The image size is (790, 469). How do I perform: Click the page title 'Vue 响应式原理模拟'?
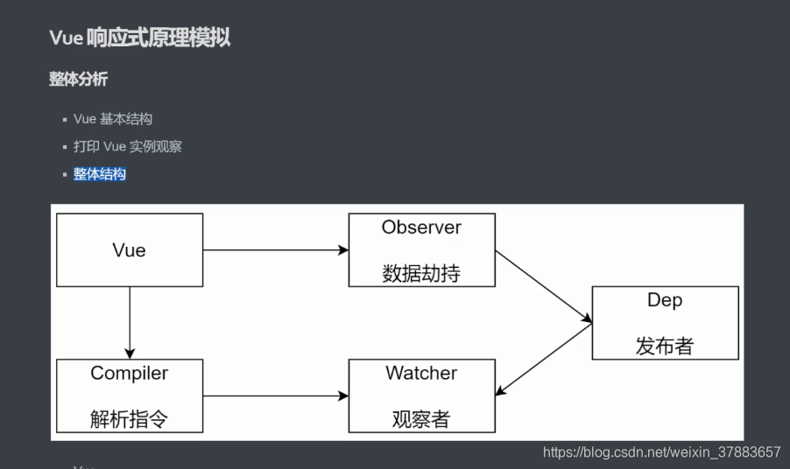[140, 38]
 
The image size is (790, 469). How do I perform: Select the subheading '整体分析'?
[79, 80]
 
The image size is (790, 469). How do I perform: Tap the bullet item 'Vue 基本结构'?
[113, 119]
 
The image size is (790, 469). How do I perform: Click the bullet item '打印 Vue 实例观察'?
[128, 146]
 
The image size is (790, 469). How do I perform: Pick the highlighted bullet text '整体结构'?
[100, 174]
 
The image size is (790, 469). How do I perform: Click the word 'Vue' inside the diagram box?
[130, 250]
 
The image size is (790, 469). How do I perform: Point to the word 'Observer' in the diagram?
[421, 227]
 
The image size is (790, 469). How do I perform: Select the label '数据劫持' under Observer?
[421, 274]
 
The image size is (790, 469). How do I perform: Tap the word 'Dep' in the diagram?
[665, 300]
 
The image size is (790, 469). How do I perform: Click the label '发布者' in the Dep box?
[665, 346]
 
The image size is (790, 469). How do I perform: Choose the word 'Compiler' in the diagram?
[130, 374]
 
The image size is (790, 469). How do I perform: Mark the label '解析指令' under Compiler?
[130, 419]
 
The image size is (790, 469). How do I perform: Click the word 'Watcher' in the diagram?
[421, 374]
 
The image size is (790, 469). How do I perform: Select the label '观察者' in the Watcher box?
[421, 419]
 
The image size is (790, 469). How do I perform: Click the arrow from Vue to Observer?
[276, 250]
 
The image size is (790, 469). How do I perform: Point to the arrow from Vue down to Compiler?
[130, 323]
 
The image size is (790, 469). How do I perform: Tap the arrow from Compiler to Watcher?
[276, 396]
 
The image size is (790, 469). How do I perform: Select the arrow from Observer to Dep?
[544, 287]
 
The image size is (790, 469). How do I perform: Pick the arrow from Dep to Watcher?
[544, 360]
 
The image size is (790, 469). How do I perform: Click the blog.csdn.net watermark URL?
[661, 452]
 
